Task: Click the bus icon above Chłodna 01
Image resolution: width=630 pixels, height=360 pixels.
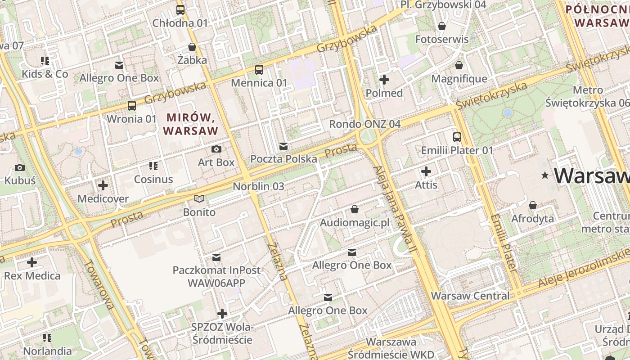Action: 180,9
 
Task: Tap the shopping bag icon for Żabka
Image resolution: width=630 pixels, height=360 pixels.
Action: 192,47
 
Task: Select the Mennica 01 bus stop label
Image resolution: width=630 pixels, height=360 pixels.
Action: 259,83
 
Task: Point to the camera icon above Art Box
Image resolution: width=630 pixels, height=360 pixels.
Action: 216,149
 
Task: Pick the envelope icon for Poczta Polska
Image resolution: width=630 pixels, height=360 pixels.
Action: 283,146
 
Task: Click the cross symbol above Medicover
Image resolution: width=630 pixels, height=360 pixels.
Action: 103,185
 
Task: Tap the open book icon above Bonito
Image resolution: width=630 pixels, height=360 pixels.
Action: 199,198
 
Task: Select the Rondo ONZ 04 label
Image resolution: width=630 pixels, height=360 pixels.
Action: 364,124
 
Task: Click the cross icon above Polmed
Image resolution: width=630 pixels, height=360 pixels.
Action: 384,80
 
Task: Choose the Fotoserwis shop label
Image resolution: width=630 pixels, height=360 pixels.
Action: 441,39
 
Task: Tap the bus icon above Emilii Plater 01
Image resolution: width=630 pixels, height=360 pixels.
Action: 457,137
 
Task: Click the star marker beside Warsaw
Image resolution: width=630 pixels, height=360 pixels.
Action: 545,175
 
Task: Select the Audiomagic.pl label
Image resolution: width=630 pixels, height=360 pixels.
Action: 354,223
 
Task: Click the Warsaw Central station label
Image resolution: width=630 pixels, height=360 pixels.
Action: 470,296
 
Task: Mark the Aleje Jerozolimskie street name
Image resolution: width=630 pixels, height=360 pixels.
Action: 583,273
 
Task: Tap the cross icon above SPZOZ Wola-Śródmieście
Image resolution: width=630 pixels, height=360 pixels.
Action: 222,314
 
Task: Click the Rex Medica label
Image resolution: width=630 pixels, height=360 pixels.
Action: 32,275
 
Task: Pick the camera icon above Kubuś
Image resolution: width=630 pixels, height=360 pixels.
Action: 20,168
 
